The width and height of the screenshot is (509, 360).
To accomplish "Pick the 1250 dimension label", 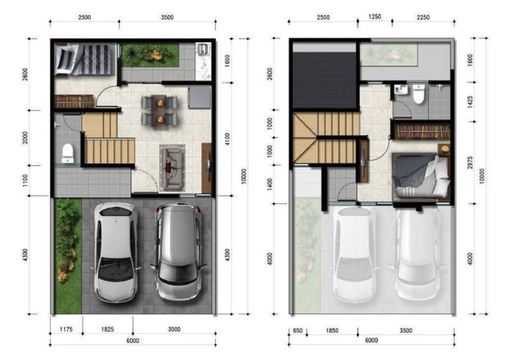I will (x=374, y=17).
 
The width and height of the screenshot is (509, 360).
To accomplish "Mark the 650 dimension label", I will (x=297, y=330).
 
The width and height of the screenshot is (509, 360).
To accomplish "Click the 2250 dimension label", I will (x=423, y=17).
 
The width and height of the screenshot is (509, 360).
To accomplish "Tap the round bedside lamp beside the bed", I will (x=444, y=149).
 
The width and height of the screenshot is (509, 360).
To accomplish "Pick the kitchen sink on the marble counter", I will (x=203, y=49).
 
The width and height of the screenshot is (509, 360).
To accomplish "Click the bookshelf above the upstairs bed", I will (x=422, y=131).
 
